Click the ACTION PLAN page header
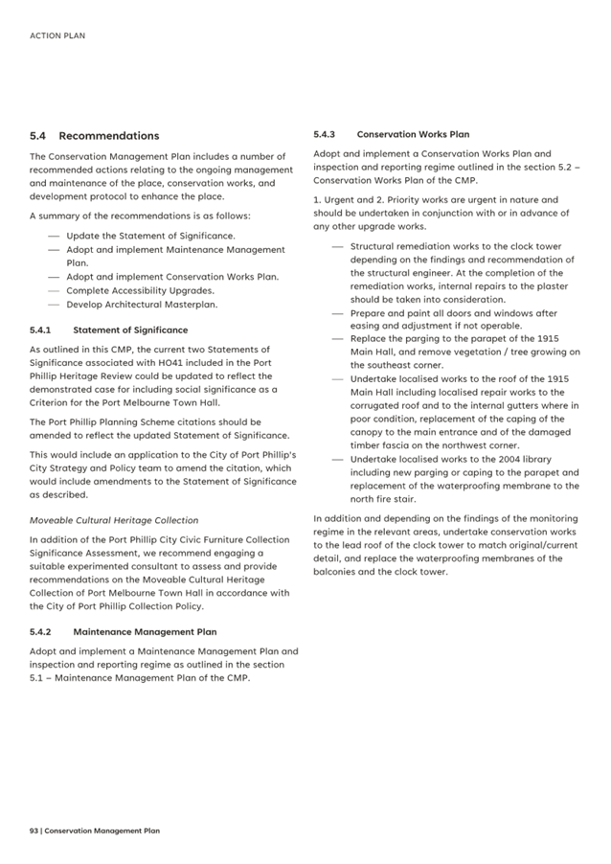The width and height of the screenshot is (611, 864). click(x=57, y=35)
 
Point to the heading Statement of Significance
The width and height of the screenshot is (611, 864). click(x=130, y=330)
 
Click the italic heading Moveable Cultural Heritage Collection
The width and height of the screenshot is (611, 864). click(x=114, y=520)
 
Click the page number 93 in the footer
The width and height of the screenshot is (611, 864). click(x=34, y=830)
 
